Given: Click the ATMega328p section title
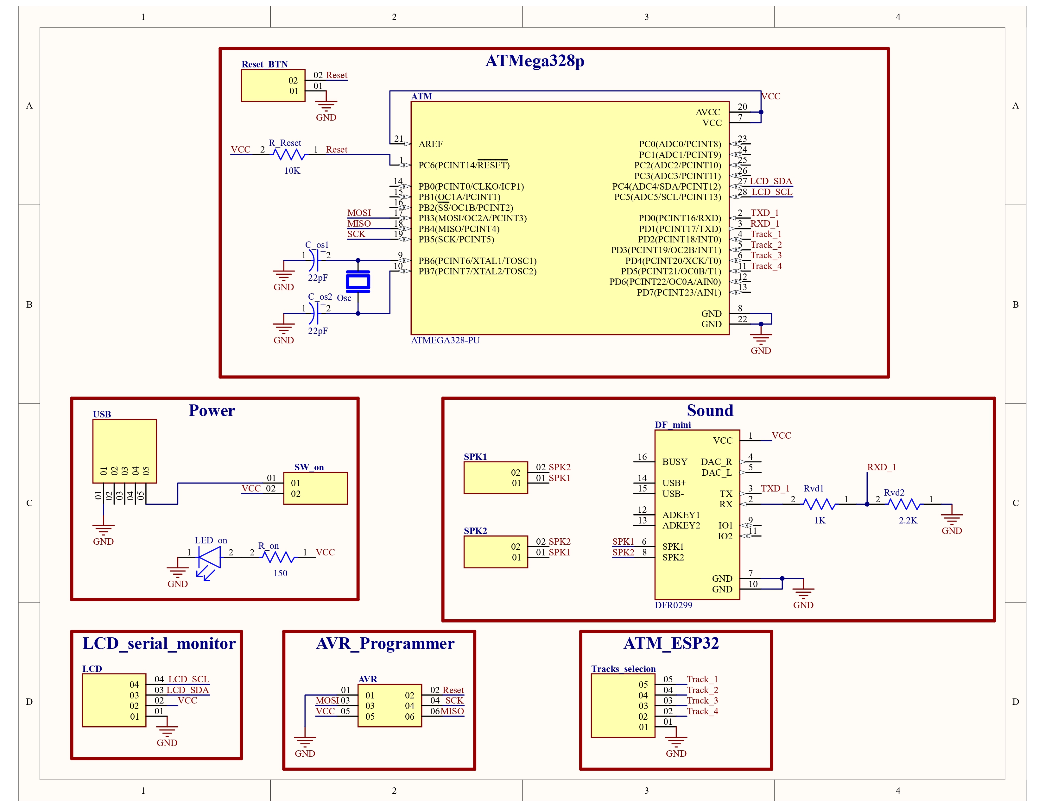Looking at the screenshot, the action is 535,61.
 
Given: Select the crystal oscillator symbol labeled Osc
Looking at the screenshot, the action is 358,282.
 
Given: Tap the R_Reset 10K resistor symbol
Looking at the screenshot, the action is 289,154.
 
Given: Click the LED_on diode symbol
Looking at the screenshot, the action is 210,557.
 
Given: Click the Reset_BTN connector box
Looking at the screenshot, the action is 273,85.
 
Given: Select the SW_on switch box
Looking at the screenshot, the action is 315,488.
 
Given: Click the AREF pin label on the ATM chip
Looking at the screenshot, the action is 430,144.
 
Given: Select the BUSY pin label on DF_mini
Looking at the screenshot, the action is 674,462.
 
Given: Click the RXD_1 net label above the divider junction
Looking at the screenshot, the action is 881,467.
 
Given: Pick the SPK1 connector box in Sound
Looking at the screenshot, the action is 495,478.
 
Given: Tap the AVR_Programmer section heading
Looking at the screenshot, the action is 385,643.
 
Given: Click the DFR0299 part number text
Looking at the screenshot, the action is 673,605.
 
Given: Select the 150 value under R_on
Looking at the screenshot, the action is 280,573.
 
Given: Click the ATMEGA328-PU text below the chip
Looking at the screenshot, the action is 445,341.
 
